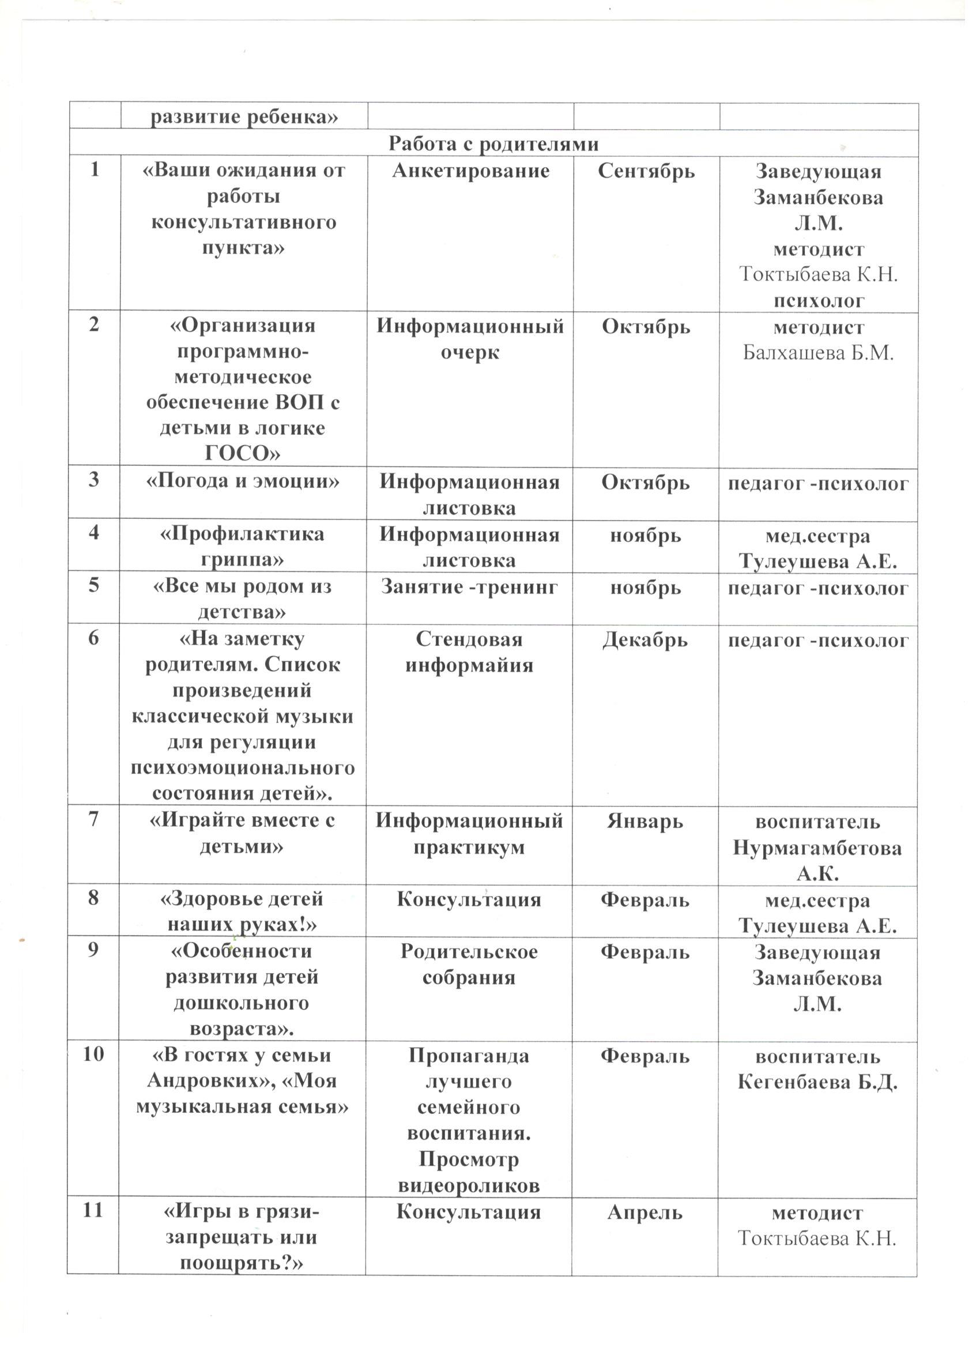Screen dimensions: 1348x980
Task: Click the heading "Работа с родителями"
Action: coord(493,144)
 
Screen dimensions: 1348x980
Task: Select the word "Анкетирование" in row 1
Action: coord(470,171)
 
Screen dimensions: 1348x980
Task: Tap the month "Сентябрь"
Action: coord(646,171)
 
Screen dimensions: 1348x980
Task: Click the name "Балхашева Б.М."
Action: coord(819,353)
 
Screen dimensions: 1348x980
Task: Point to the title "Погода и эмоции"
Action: coord(243,480)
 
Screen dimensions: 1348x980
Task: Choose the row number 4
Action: coord(94,533)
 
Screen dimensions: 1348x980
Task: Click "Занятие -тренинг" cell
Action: coord(469,587)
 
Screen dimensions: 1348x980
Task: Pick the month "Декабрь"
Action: coord(646,640)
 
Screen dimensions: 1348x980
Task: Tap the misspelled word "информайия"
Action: coord(469,665)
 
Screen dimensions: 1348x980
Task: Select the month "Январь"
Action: coord(645,822)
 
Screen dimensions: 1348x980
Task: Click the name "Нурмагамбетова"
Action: coord(817,848)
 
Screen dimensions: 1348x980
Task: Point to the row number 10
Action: coord(93,1055)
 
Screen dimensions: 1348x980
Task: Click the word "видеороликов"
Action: coord(469,1186)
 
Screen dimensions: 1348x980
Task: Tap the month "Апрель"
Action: coord(645,1213)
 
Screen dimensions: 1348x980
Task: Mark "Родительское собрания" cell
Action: coord(469,964)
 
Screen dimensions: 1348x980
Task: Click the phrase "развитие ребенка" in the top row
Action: coord(244,116)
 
